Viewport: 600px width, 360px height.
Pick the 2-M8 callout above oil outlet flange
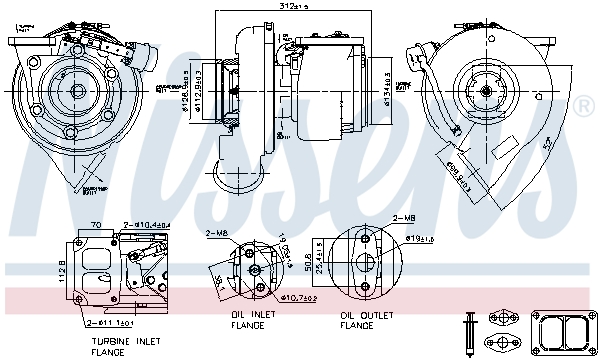coord(403,217)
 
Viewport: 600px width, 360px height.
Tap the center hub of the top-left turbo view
coord(78,91)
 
